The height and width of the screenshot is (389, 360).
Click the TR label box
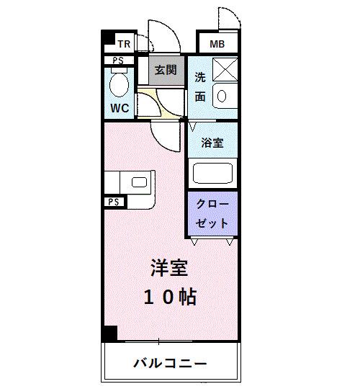tap(123, 43)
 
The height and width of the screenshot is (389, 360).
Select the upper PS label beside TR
tap(117, 61)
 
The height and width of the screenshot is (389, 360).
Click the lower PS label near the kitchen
tap(113, 202)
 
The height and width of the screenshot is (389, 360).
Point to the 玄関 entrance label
tap(165, 70)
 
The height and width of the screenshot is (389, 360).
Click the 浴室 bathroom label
tap(212, 143)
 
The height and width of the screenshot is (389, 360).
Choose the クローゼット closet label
tap(213, 214)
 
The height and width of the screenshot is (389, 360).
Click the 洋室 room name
tap(169, 268)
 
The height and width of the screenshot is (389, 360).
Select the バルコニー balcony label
tap(170, 362)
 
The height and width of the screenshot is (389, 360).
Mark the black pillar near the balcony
tap(109, 335)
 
